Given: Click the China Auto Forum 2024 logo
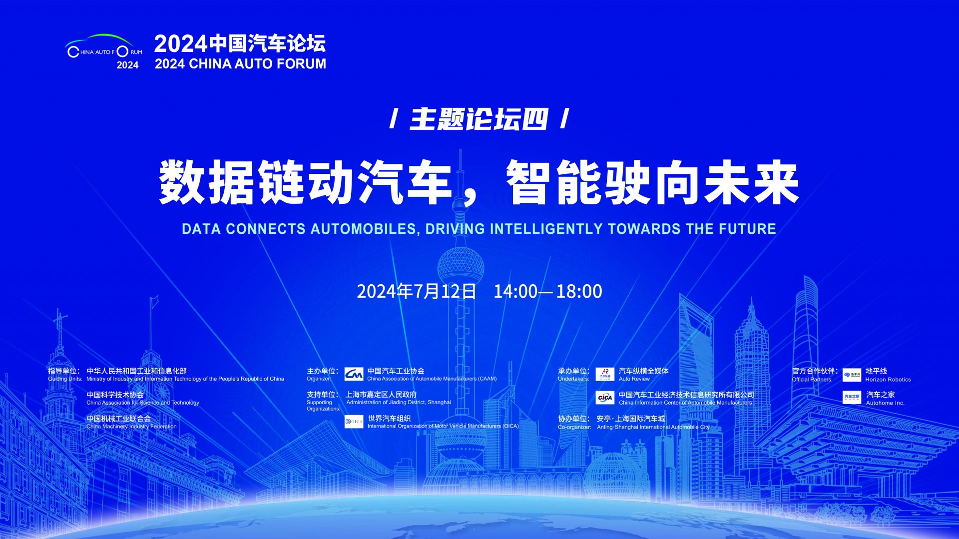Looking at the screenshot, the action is coord(104,51).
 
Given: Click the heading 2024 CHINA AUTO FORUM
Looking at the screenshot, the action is coord(240,64).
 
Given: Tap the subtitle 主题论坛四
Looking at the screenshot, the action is coord(479,119).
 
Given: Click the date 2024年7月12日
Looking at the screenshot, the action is coord(417,291).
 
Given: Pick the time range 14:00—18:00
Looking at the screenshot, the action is coord(548,291).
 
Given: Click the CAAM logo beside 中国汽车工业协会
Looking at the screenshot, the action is coord(354,374).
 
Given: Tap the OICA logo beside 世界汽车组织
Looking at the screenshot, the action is coord(354,422).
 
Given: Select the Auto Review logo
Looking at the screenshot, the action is coord(605,374).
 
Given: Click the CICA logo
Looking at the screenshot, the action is coord(605,398).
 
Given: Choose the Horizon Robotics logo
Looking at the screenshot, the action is coord(852,375).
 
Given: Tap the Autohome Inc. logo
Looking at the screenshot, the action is coord(852,398).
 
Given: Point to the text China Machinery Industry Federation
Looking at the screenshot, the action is coord(131,427).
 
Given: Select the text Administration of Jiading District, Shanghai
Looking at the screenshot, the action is coord(399,402).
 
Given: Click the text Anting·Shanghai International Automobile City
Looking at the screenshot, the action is coord(653,427).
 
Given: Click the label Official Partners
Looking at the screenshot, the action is coord(812,380).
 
